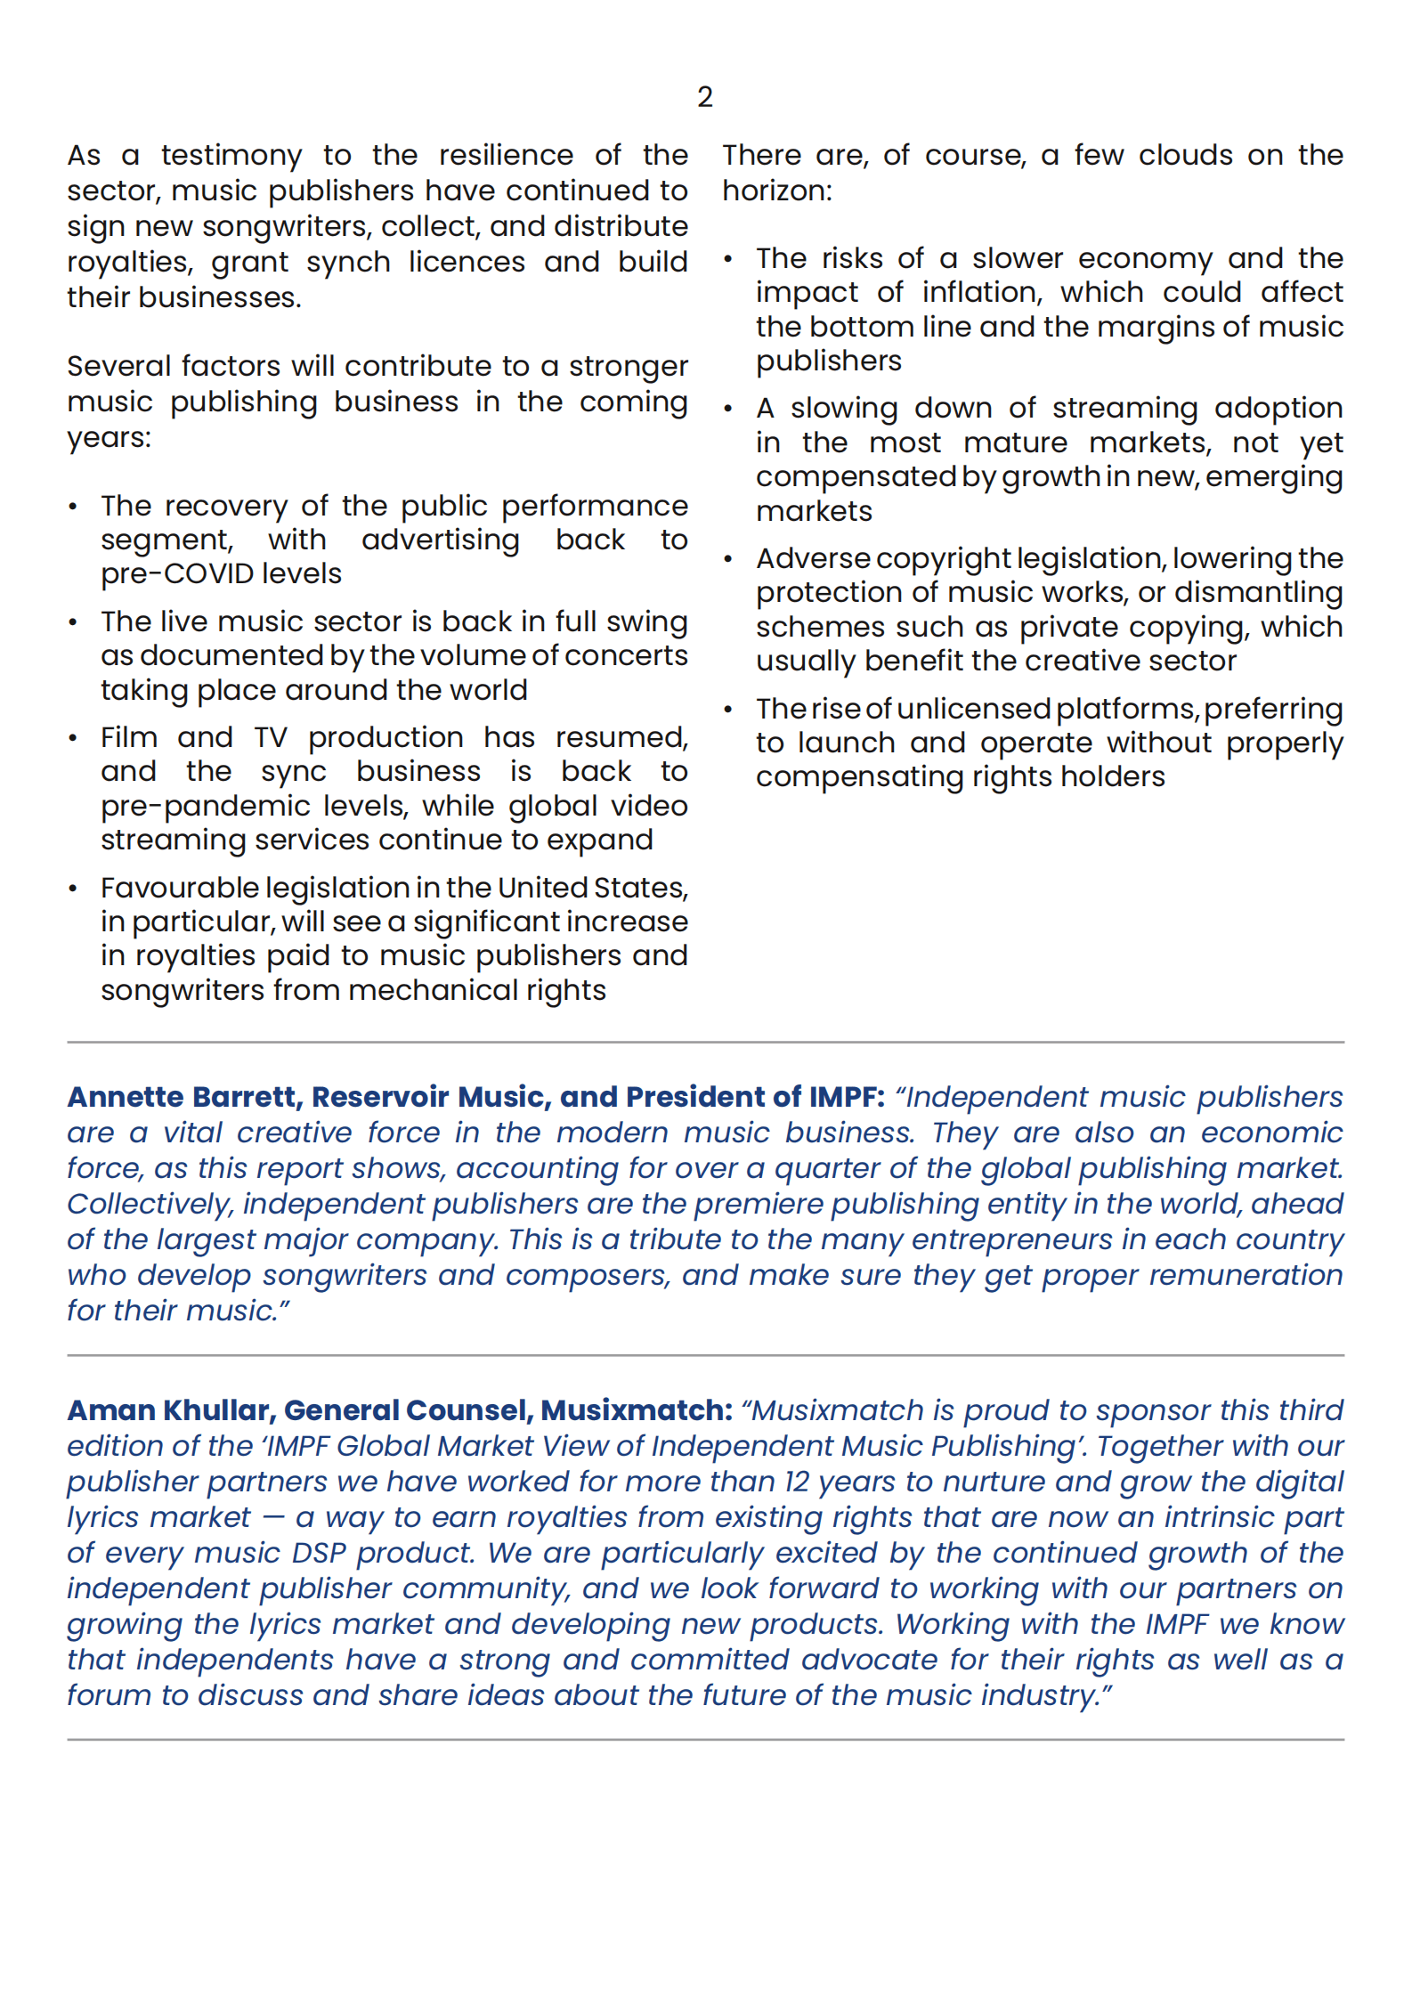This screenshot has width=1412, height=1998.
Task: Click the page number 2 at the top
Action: click(x=704, y=97)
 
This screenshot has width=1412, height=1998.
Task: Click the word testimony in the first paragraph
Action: click(x=231, y=156)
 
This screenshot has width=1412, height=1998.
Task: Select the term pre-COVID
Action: click(x=221, y=574)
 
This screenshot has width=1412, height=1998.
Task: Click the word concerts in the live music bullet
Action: click(x=626, y=656)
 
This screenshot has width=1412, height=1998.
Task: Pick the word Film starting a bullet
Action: click(x=129, y=737)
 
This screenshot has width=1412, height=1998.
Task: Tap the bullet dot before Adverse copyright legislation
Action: click(x=728, y=560)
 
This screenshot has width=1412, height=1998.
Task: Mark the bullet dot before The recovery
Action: click(x=73, y=508)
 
